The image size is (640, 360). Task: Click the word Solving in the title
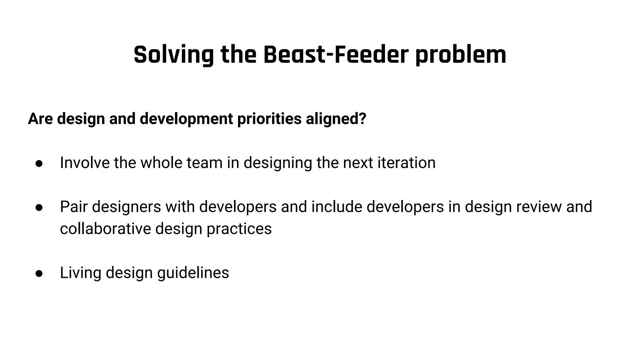click(x=173, y=55)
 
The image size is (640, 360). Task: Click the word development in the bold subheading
click(x=186, y=119)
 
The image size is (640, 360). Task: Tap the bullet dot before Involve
click(x=39, y=163)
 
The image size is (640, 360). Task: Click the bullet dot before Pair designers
click(x=39, y=207)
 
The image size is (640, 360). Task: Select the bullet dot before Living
click(x=39, y=273)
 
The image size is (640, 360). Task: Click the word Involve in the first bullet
click(x=85, y=163)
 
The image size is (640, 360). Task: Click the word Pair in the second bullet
click(x=73, y=207)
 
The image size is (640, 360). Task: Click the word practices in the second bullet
click(x=239, y=228)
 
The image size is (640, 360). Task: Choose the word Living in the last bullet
click(x=80, y=272)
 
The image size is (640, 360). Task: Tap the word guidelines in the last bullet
click(x=193, y=272)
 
